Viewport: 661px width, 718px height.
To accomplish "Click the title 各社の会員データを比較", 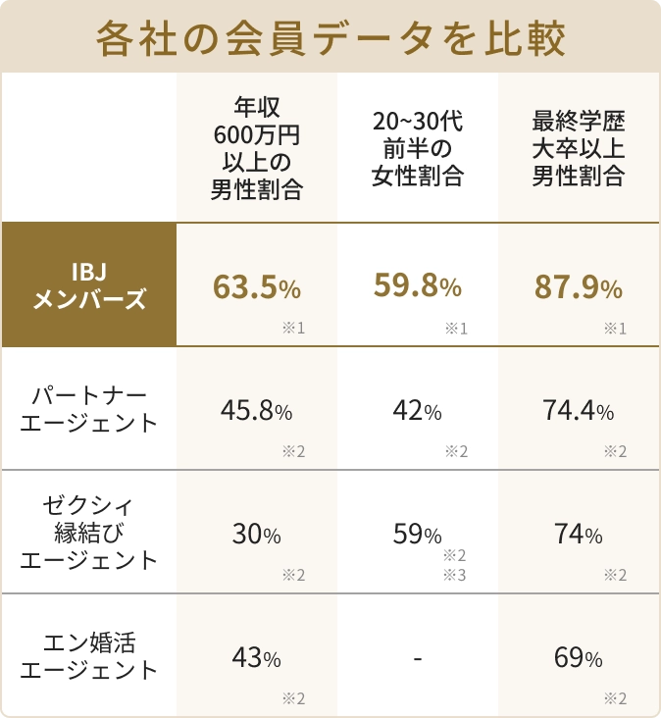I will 330,38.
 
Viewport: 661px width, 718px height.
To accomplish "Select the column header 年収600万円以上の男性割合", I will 256,148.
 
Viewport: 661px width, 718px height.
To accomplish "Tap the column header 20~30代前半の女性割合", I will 417,148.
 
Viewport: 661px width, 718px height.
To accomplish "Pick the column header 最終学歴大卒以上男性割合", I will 579,148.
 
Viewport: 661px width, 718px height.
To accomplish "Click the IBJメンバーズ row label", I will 88,285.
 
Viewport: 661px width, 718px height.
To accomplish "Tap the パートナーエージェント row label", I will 88,409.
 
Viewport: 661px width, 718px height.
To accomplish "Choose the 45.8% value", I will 256,411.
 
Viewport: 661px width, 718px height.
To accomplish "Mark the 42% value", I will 417,411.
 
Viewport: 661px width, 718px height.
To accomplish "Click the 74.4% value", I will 578,411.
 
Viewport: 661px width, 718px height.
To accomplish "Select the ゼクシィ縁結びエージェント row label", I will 88,533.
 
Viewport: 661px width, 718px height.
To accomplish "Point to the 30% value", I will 256,535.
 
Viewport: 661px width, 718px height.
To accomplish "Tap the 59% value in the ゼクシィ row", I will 417,535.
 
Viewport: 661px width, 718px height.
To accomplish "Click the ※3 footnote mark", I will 455,574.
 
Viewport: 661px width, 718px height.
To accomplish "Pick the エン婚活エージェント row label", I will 88,656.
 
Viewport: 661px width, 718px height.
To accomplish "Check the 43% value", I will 256,658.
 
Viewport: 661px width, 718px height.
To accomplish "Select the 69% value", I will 578,658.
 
